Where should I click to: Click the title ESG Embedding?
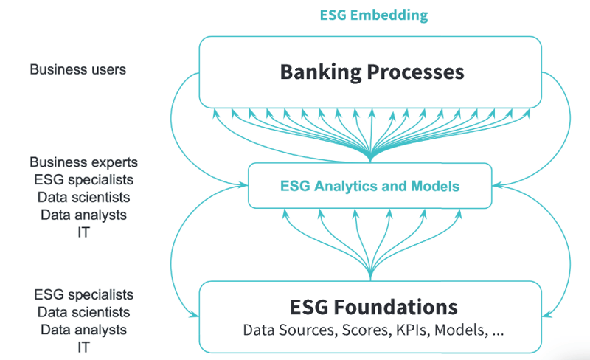(373, 15)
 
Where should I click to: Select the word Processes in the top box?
(419, 72)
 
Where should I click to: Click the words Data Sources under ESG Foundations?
(290, 330)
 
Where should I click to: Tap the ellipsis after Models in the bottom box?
(497, 330)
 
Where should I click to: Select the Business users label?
(77, 70)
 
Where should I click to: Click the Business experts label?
(83, 162)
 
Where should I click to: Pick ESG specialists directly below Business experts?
(83, 179)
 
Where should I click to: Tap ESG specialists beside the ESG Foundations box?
(83, 294)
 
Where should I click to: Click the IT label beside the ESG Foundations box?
(83, 347)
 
